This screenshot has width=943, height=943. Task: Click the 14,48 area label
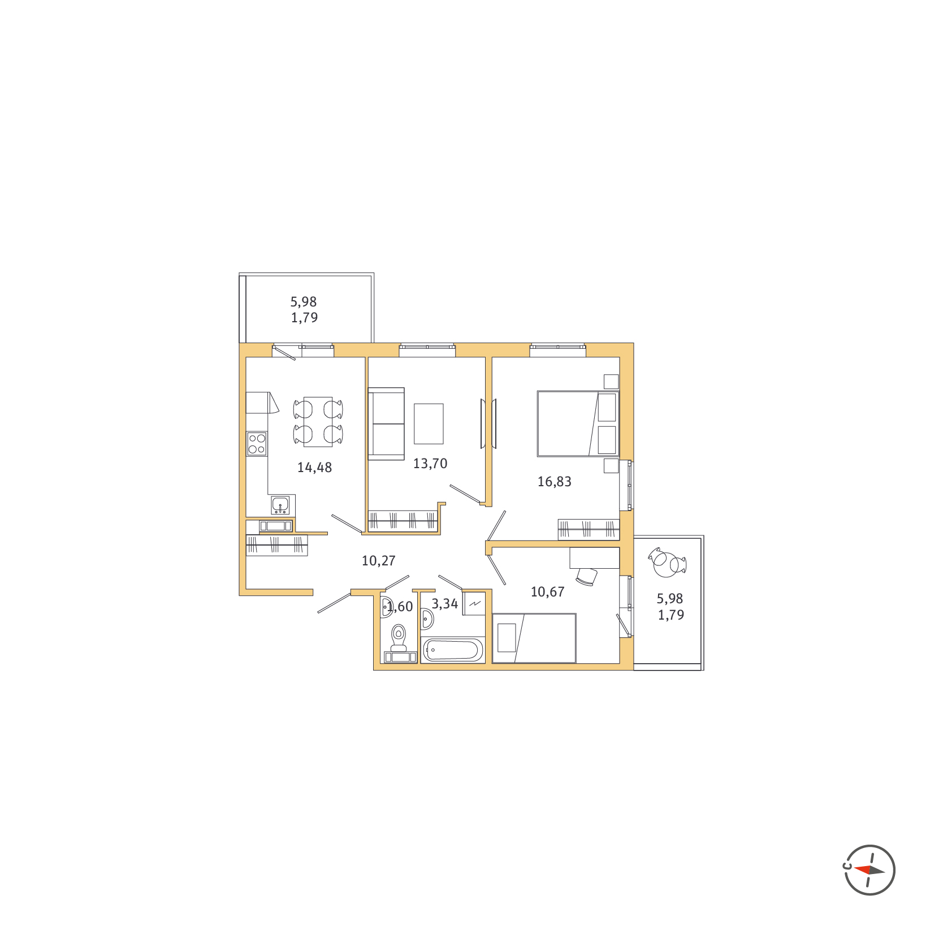[314, 468]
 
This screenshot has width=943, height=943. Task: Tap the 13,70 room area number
[430, 464]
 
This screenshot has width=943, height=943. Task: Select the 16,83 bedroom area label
[554, 482]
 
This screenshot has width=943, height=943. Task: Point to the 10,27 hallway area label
[378, 561]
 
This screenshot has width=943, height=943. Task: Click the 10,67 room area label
[547, 592]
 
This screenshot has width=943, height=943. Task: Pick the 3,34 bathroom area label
[444, 604]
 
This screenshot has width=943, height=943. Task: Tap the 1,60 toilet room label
[400, 607]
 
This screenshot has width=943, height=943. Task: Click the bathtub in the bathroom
[453, 650]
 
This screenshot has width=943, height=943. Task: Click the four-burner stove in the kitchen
[257, 444]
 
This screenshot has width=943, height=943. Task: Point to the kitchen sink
[280, 504]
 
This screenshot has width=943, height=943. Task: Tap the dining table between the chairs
[318, 422]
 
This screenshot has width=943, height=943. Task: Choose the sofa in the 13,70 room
[386, 424]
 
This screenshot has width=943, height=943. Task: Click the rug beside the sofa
[429, 423]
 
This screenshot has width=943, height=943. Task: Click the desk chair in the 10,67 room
[587, 577]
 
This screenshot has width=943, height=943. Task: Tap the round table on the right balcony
[665, 564]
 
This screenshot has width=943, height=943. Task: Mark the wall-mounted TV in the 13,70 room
[483, 423]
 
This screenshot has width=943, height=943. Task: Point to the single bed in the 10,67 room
[534, 638]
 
